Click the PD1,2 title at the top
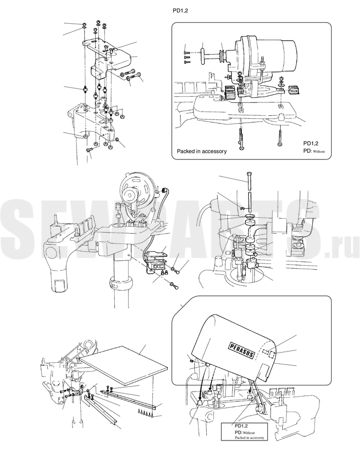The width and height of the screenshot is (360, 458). tap(180, 11)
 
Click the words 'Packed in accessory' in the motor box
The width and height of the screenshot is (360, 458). tap(202, 151)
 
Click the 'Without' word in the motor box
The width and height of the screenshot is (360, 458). tap(318, 152)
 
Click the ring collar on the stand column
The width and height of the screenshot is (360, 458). tap(121, 283)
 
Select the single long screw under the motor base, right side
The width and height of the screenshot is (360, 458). tap(280, 136)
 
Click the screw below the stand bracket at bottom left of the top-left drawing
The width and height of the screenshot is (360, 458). tap(89, 150)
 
